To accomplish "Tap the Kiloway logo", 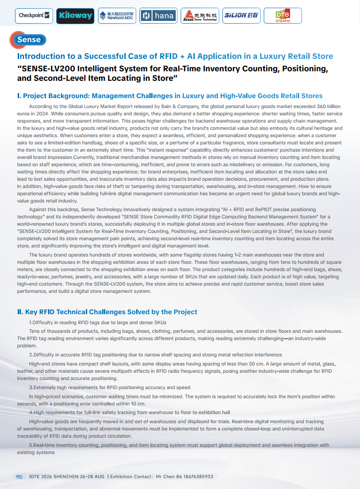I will click(75, 16).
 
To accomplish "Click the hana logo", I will click(158, 16).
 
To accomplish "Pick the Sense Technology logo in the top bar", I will click(200, 16).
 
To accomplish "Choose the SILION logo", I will click(241, 16).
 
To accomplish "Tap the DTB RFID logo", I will click(283, 16).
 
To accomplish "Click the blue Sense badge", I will click(29, 40).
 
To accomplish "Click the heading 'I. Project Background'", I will click(169, 96).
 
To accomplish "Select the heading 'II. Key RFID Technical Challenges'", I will click(107, 312).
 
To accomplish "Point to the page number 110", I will click(19, 477).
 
